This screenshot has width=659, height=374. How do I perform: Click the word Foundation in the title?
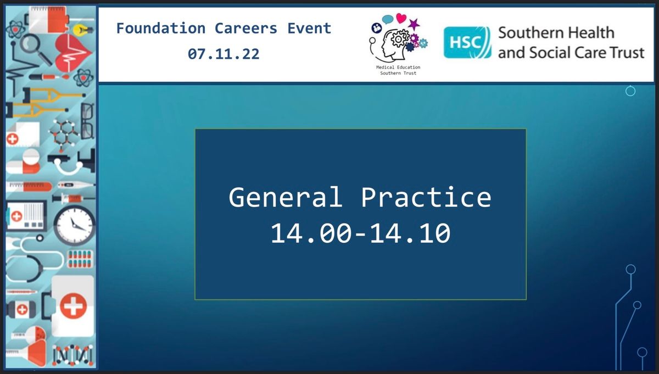(x=161, y=29)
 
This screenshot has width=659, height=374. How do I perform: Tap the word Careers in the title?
(x=246, y=29)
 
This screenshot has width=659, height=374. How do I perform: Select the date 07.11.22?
(x=224, y=54)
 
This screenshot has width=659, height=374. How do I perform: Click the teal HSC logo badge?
(x=467, y=43)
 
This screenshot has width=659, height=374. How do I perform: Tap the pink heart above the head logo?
(x=401, y=18)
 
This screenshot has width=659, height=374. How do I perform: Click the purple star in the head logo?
(x=414, y=24)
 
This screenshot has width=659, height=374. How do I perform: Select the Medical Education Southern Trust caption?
(x=398, y=70)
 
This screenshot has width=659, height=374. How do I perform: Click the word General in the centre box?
(x=286, y=197)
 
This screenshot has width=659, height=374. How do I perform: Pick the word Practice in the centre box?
(x=426, y=197)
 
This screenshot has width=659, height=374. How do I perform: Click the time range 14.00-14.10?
(x=360, y=233)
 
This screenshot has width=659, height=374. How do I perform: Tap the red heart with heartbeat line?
(x=73, y=53)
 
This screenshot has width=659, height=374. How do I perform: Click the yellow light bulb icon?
(x=82, y=30)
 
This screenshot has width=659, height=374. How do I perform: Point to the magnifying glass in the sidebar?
(x=36, y=49)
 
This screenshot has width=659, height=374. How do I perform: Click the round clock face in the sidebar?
(x=75, y=225)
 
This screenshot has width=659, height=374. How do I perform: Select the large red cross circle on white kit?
(x=73, y=306)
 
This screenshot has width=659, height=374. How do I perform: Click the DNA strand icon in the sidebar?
(x=72, y=355)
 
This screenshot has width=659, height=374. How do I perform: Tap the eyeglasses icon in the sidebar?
(x=87, y=121)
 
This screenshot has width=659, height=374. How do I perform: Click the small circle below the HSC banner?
(x=630, y=91)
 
